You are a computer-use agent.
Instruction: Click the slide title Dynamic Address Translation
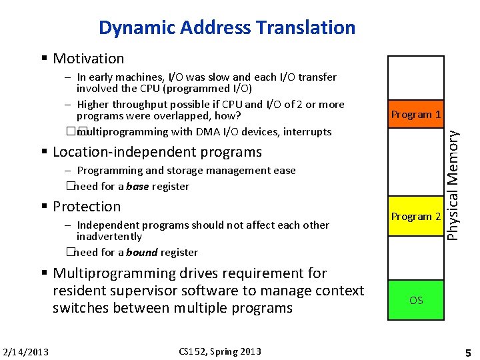coord(227,28)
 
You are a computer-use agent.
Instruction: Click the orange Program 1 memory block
coord(416,115)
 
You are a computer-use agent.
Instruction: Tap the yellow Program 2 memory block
coord(416,217)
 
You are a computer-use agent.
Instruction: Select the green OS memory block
coord(416,300)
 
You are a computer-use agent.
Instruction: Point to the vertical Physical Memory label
coord(453,184)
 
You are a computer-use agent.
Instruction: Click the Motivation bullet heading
coord(88,59)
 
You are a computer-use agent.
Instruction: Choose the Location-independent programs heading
coord(157,152)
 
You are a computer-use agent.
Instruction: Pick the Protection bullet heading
coord(87,207)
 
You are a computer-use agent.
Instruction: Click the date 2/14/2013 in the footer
coord(25,352)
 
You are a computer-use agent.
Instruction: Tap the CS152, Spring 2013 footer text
coord(220,351)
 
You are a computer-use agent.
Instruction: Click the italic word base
coord(137,187)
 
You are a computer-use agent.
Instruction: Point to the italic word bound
coord(141,253)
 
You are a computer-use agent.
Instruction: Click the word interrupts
coord(307,131)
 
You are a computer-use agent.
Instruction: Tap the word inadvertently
coord(109,237)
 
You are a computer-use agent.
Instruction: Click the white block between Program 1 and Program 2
coord(416,165)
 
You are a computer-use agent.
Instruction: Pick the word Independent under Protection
coord(107,225)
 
